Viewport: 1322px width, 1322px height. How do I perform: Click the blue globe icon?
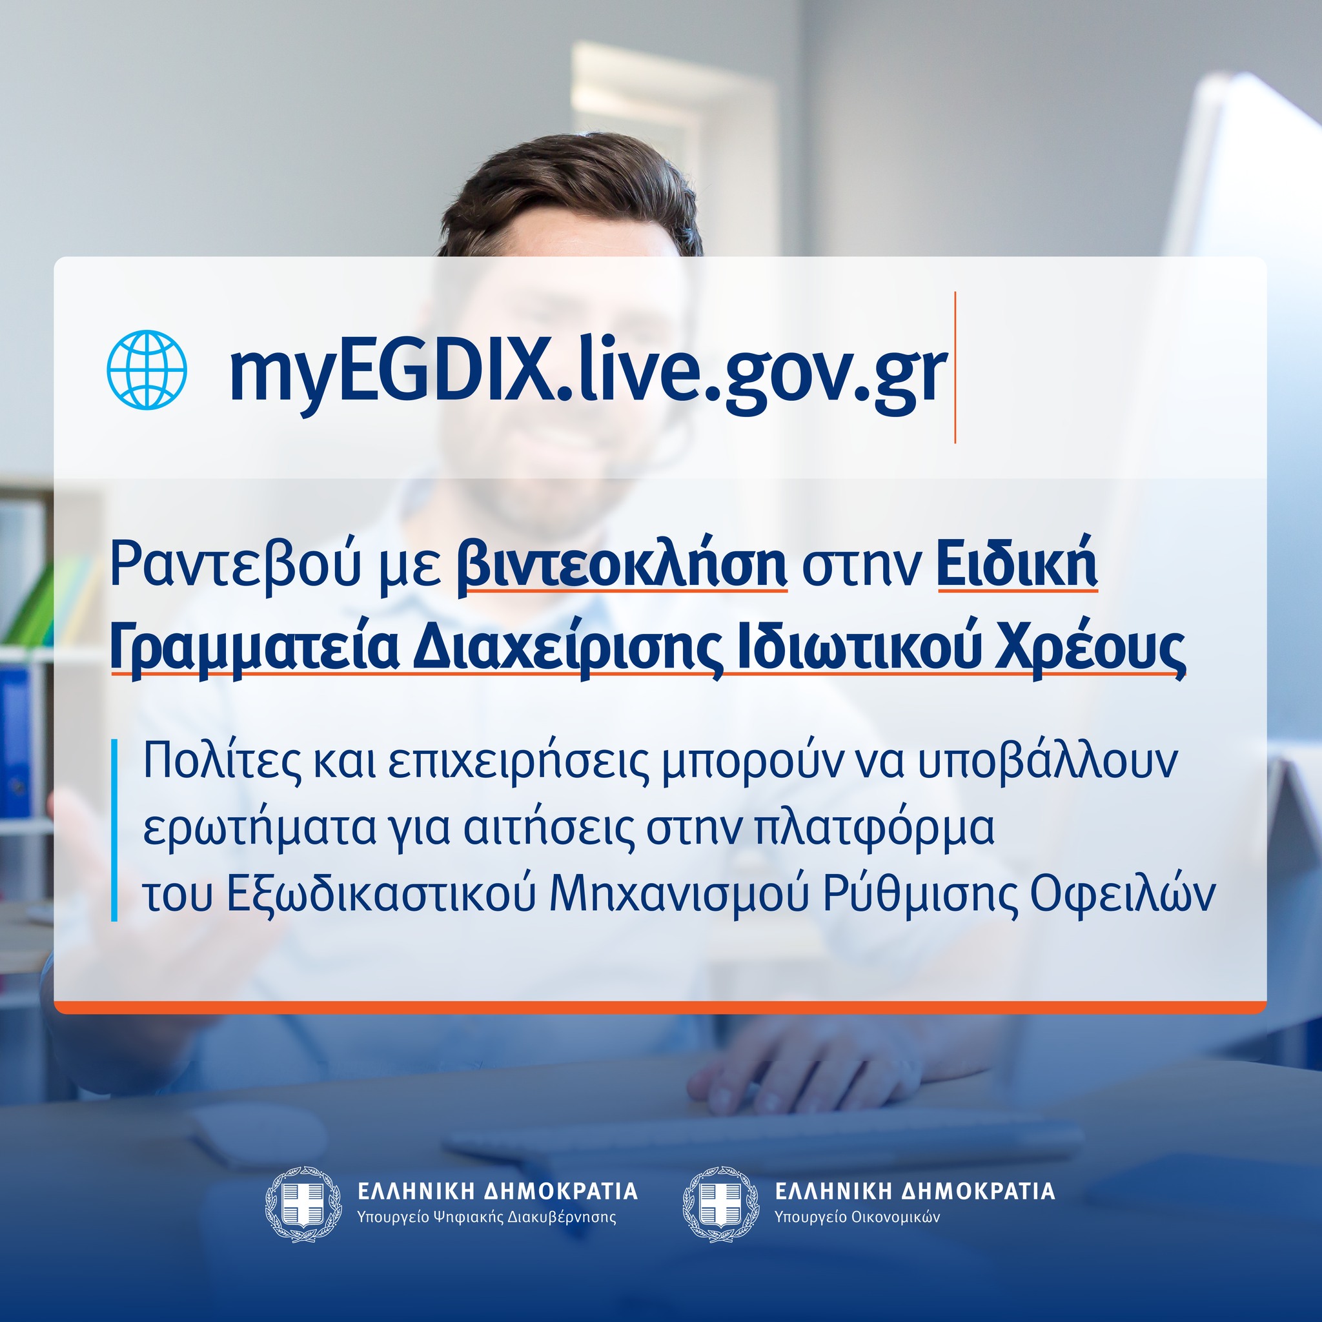pyautogui.click(x=147, y=369)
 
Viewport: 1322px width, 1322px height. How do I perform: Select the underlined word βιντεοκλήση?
pyautogui.click(x=622, y=565)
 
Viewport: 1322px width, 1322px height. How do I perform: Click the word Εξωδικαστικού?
pyautogui.click(x=381, y=893)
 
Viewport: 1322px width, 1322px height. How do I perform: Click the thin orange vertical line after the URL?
pyautogui.click(x=955, y=367)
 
